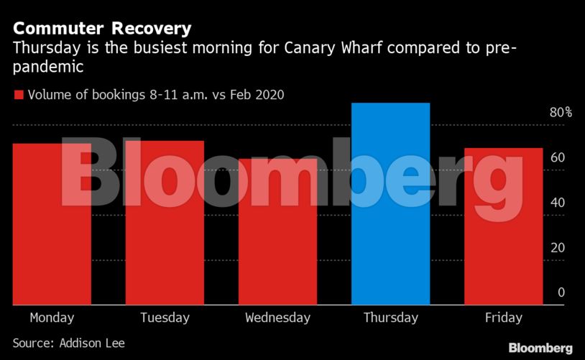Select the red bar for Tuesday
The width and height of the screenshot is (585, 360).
(165, 223)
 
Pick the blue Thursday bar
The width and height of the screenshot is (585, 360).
(390, 204)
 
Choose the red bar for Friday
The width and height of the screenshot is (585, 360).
(503, 226)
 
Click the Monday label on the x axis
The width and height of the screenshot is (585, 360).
(52, 318)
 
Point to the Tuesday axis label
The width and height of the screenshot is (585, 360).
(165, 318)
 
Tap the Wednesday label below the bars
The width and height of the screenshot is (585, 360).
(277, 318)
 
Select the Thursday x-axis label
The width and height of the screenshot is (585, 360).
(390, 318)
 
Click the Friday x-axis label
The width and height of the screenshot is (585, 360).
(503, 318)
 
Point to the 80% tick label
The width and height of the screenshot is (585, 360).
(561, 113)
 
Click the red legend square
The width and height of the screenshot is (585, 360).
(19, 94)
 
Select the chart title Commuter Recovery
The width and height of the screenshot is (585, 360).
(102, 29)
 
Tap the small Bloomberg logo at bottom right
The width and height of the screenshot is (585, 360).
(540, 349)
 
